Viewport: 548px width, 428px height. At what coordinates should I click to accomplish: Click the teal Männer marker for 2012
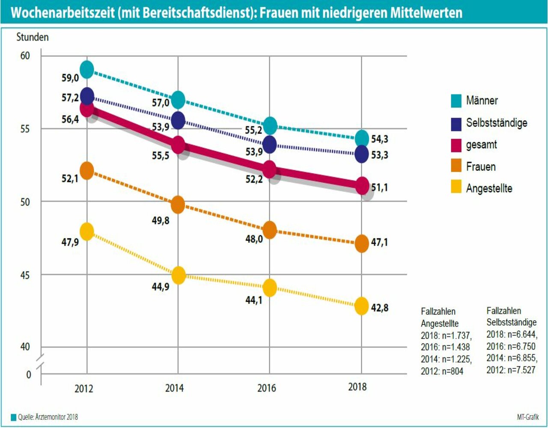click(87, 69)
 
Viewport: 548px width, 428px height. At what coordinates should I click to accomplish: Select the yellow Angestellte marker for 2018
click(362, 306)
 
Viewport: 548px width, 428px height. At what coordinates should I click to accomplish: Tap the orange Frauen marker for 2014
click(178, 205)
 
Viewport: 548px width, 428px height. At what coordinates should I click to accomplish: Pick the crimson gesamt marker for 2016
click(270, 169)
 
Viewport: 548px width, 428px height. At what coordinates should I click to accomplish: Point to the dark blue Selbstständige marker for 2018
click(362, 154)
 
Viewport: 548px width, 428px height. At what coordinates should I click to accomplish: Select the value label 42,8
click(380, 307)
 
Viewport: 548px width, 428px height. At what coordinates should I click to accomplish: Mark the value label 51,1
click(379, 187)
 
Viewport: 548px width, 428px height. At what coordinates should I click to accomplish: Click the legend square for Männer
click(456, 101)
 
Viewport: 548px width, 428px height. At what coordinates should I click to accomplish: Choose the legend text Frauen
click(481, 166)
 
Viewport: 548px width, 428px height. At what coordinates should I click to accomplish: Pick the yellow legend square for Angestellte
click(456, 187)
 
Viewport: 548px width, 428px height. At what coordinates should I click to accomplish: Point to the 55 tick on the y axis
click(25, 129)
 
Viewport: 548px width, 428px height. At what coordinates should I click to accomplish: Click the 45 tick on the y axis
click(25, 275)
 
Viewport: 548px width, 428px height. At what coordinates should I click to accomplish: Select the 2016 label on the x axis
click(267, 388)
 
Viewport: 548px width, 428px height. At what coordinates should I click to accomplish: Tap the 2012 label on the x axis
click(83, 389)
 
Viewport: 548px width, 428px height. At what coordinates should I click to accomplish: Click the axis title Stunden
click(33, 37)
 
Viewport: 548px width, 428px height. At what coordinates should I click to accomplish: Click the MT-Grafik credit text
click(527, 417)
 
